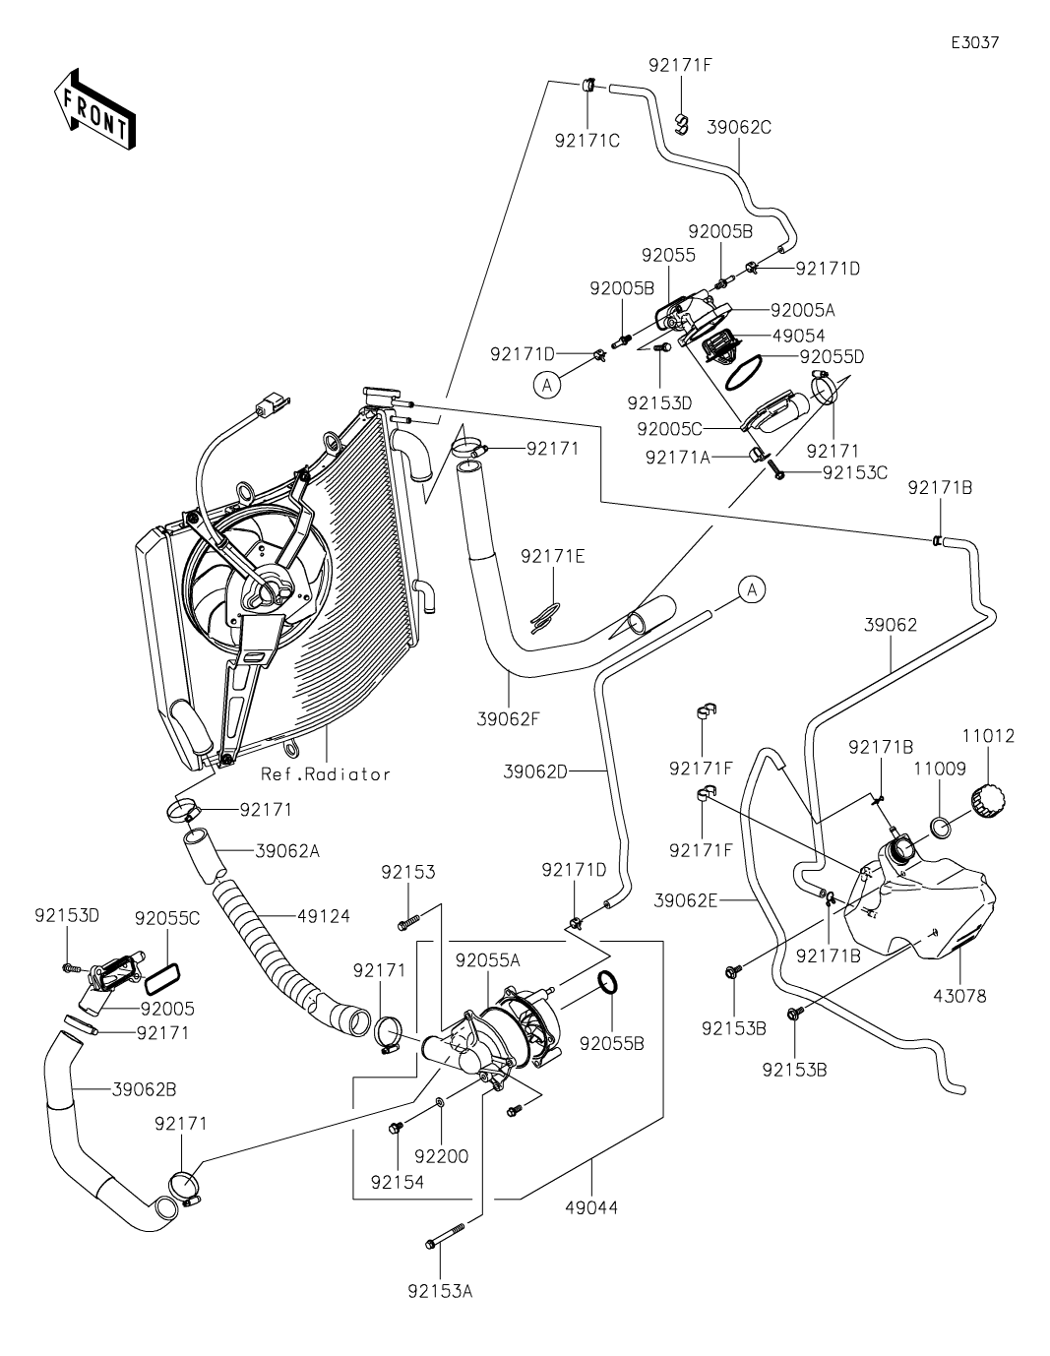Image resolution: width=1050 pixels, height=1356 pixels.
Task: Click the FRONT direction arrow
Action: click(x=94, y=108)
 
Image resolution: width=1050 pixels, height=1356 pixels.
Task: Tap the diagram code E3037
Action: click(x=974, y=42)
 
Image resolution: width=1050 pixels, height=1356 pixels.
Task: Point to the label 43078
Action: click(x=959, y=1014)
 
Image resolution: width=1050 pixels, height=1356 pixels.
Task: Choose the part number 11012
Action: click(x=988, y=736)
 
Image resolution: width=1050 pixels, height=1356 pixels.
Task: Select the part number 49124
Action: click(x=324, y=916)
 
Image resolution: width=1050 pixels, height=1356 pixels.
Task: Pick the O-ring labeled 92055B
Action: click(x=608, y=982)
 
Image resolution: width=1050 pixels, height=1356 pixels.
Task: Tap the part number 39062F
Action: click(x=508, y=719)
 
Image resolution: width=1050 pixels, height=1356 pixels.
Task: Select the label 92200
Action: click(x=442, y=1156)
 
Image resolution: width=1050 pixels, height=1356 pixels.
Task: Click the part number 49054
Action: click(x=799, y=336)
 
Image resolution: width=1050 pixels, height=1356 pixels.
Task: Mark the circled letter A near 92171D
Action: click(x=547, y=386)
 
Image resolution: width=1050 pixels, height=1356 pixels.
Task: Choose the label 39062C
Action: click(x=739, y=127)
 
